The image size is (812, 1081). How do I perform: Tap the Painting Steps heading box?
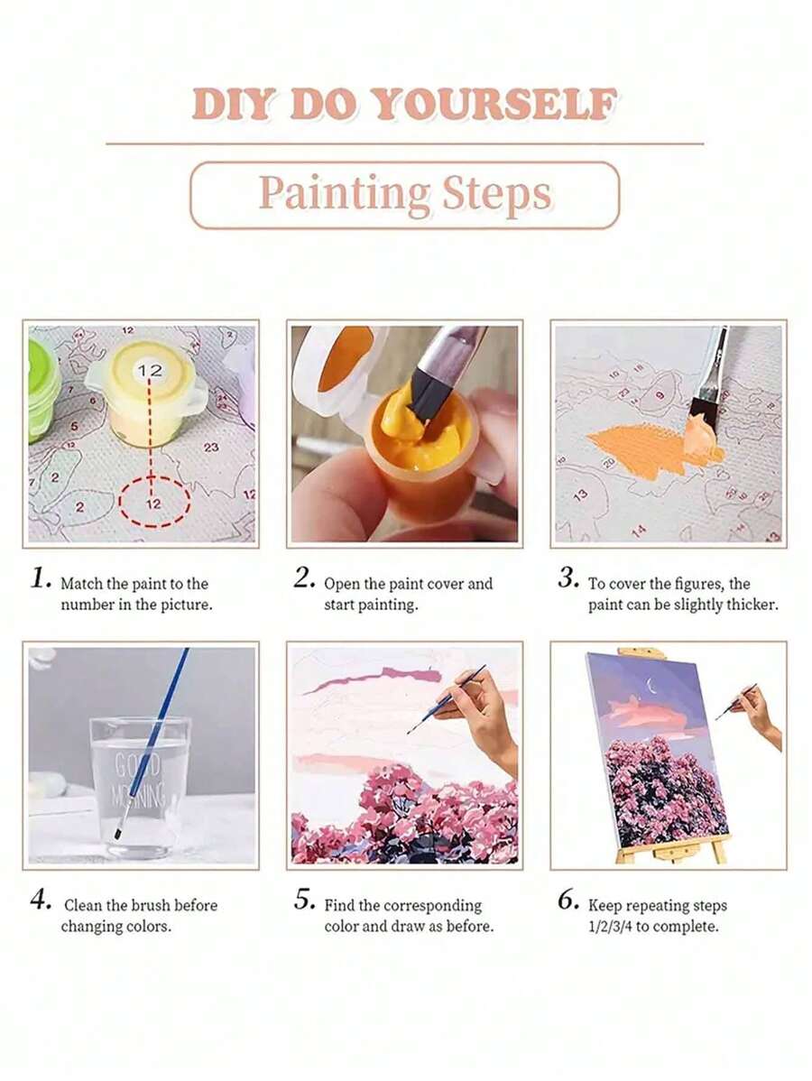click(405, 195)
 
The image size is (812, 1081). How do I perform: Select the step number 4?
click(41, 900)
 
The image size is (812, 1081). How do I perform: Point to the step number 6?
click(567, 900)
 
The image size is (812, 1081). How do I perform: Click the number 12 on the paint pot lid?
click(151, 370)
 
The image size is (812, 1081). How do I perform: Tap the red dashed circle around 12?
click(153, 502)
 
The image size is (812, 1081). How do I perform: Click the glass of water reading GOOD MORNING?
click(140, 785)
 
